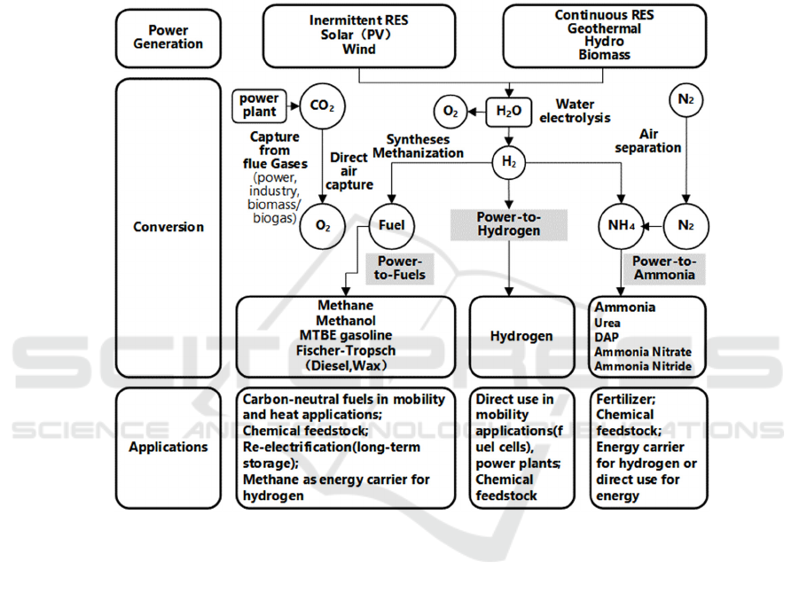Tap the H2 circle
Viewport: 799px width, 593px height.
(508, 161)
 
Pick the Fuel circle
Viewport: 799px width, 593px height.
(391, 225)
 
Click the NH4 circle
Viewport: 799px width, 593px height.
(619, 225)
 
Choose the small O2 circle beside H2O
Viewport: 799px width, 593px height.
(450, 111)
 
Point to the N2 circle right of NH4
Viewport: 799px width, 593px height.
(685, 225)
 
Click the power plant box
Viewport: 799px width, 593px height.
(259, 105)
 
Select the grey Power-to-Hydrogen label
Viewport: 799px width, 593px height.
(509, 223)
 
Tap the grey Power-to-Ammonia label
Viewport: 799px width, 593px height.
(665, 268)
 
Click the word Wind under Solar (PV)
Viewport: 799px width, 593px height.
(358, 50)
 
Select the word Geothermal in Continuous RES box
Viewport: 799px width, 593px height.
(604, 27)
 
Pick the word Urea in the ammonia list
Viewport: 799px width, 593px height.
(607, 323)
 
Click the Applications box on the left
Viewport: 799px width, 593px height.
(168, 447)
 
